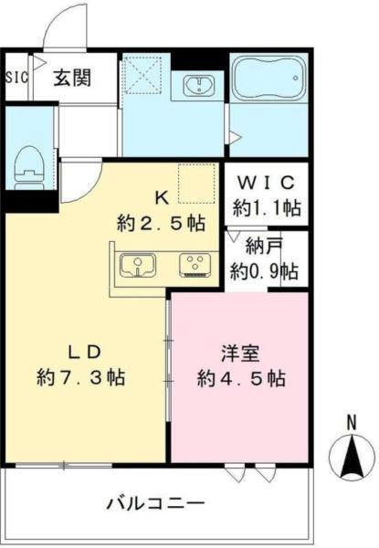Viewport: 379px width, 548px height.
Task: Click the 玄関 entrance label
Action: pos(71,77)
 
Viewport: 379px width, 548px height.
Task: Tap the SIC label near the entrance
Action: pos(17,77)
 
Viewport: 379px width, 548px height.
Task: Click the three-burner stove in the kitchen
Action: pos(194,265)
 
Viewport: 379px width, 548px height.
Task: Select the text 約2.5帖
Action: pos(161,222)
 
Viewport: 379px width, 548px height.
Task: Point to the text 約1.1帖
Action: pos(264,207)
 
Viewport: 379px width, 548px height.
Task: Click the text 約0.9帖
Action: pos(264,270)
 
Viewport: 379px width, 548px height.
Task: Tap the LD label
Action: pos(79,352)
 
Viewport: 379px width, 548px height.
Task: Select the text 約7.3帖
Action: pos(80,376)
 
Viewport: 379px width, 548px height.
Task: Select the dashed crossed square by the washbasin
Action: pos(143,73)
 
